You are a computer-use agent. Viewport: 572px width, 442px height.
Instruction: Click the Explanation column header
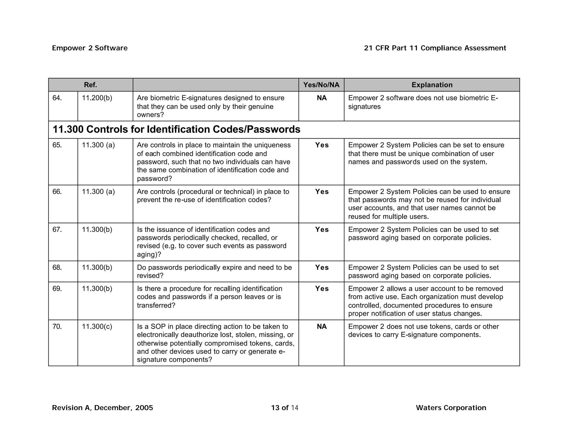[x=432, y=85]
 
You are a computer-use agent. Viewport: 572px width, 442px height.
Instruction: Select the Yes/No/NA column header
[x=321, y=85]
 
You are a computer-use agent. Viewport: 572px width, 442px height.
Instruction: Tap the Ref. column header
[x=90, y=85]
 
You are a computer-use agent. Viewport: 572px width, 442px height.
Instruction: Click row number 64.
[x=57, y=98]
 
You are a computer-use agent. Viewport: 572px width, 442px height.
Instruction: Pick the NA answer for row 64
[x=321, y=98]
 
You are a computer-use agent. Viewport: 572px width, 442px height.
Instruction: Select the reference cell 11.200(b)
[x=97, y=98]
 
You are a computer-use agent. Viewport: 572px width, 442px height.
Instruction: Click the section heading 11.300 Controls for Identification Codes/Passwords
[x=177, y=129]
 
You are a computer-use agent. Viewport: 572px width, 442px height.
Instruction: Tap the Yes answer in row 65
[x=322, y=145]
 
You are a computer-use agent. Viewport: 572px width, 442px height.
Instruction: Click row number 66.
[x=57, y=192]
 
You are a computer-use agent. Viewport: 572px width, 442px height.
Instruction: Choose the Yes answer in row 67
[x=322, y=229]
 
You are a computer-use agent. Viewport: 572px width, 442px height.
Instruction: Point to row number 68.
[x=57, y=267]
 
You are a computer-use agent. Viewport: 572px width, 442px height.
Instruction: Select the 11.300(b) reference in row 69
[x=97, y=289]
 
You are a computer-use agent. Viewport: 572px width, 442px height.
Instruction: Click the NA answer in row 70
[x=321, y=327]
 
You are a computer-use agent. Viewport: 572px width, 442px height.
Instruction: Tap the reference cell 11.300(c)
[x=97, y=327]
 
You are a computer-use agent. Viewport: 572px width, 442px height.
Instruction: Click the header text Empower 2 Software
[x=90, y=48]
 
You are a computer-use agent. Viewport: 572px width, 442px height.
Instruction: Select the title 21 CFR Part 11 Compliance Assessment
[x=435, y=48]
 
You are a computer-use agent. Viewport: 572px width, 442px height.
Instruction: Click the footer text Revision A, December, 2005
[x=103, y=408]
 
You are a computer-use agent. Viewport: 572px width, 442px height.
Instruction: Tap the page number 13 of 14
[x=285, y=408]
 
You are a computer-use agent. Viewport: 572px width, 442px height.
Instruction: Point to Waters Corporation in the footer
[x=451, y=408]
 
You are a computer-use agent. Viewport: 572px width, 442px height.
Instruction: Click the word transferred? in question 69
[x=156, y=305]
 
